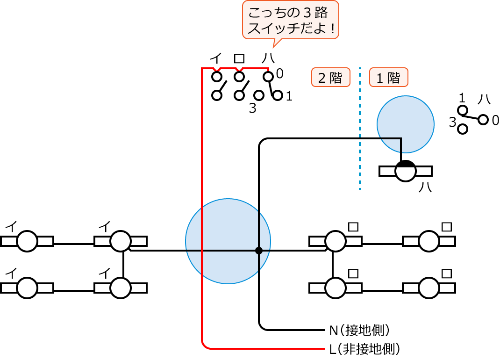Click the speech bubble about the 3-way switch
pyautogui.click(x=290, y=20)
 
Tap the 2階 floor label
pyautogui.click(x=331, y=78)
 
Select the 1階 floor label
pyautogui.click(x=389, y=78)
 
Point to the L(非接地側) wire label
pyautogui.click(x=365, y=349)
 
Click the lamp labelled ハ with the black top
pyautogui.click(x=405, y=171)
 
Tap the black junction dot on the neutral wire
pyautogui.click(x=259, y=251)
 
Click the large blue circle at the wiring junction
pyautogui.click(x=228, y=241)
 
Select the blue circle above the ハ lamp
pyautogui.click(x=405, y=124)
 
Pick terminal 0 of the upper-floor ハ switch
pyautogui.click(x=268, y=76)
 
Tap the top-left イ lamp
pyautogui.click(x=27, y=241)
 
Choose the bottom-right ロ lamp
pyautogui.click(x=429, y=288)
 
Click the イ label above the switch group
pyautogui.click(x=215, y=58)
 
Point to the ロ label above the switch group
pyautogui.click(x=239, y=58)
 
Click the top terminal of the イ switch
pyautogui.click(x=216, y=76)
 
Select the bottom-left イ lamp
pyautogui.click(x=27, y=288)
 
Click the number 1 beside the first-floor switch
pyautogui.click(x=462, y=99)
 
